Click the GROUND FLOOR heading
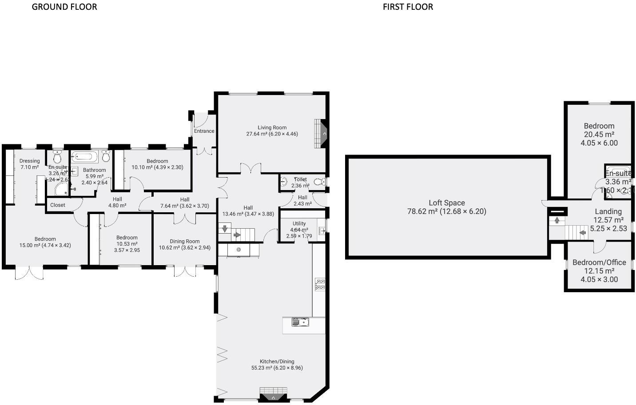point(64,7)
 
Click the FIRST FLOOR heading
point(408,7)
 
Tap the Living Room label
point(272,127)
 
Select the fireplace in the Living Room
point(321,133)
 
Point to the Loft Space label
point(447,203)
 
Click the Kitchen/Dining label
point(277,361)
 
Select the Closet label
point(58,205)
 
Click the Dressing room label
point(30,161)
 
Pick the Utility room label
point(299,223)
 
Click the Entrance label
point(204,131)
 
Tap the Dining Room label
point(185,242)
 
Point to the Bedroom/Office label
point(599,262)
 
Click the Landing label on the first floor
point(608,211)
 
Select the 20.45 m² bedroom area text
point(599,135)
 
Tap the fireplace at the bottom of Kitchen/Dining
point(273,395)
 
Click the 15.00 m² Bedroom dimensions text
point(45,245)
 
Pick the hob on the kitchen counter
point(320,284)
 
